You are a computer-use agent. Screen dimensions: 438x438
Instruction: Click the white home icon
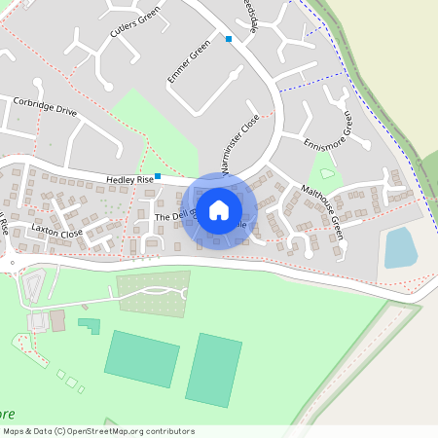(x=219, y=209)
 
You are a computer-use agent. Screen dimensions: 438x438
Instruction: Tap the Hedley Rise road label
(x=130, y=180)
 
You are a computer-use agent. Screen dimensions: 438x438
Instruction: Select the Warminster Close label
(x=240, y=147)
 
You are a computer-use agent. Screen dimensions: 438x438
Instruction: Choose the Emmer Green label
(x=189, y=61)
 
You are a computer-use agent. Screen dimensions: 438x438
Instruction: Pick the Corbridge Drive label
(x=45, y=106)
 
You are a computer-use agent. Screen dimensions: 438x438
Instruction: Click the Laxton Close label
(x=56, y=233)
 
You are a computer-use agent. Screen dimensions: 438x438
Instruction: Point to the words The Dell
(x=169, y=215)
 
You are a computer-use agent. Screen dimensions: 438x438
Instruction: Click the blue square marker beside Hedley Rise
(x=158, y=176)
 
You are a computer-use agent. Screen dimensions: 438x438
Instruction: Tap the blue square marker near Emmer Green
(x=229, y=39)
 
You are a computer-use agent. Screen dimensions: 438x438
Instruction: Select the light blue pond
(x=400, y=247)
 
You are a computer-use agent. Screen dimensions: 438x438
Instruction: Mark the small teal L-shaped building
(x=90, y=325)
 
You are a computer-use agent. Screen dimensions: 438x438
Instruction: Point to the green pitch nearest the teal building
(x=142, y=357)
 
